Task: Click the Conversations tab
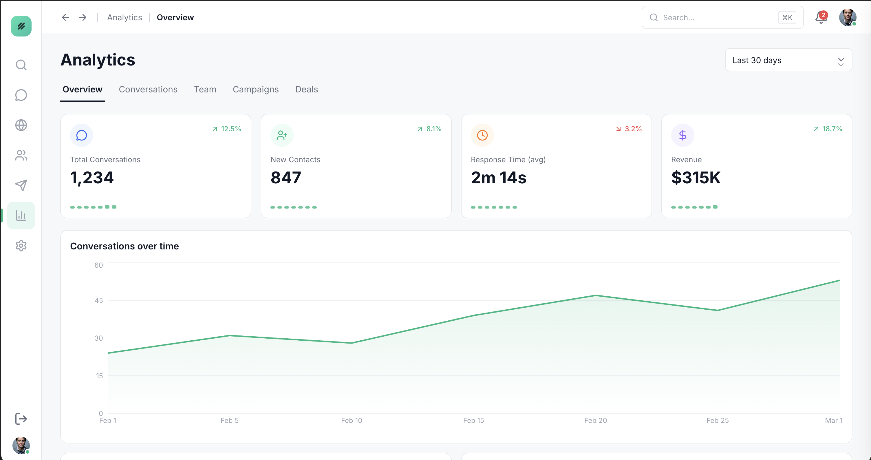point(148,89)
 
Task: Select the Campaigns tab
point(255,89)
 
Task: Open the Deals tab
point(306,89)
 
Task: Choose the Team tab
point(205,89)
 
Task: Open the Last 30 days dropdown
point(788,60)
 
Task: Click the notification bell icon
point(821,18)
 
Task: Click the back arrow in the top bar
point(65,17)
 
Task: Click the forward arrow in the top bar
point(83,17)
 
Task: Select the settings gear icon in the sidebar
point(21,246)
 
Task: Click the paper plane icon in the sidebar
point(21,185)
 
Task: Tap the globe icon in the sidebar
point(21,125)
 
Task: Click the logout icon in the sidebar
point(21,419)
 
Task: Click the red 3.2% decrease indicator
point(629,129)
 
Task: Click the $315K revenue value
point(696,178)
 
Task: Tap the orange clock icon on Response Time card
point(482,135)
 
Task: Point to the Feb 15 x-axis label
point(473,420)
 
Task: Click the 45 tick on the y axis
point(98,300)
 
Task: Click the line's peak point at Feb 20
point(595,296)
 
